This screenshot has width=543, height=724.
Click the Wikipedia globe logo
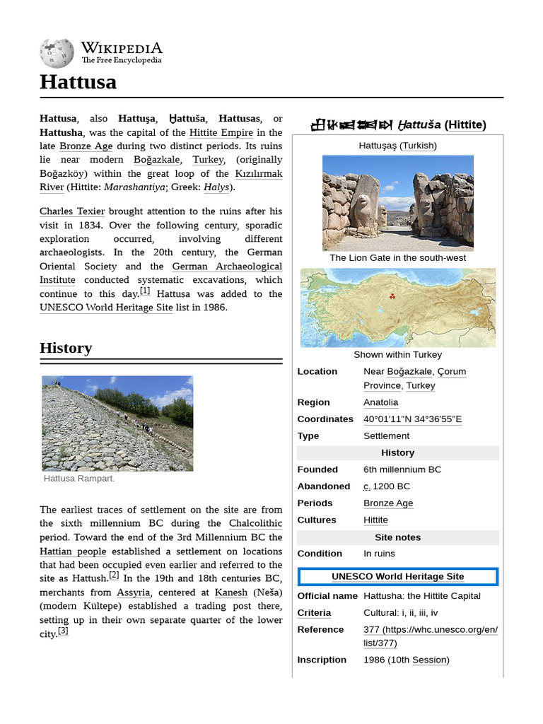[57, 53]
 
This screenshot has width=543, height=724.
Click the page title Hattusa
[78, 83]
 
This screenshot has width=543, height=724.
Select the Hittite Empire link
[221, 132]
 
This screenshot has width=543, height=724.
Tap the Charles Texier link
[72, 211]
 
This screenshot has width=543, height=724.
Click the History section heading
[66, 348]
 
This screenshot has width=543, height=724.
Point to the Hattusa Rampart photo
[117, 423]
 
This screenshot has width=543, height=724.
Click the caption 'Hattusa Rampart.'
[79, 479]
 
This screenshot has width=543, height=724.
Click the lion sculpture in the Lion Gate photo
[364, 205]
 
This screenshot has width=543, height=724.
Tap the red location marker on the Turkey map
[390, 297]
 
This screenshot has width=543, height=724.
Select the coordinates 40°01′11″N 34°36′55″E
[412, 419]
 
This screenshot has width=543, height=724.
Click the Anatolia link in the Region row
[380, 402]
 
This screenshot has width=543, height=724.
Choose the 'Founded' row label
[317, 469]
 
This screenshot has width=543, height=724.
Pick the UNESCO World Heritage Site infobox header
[397, 577]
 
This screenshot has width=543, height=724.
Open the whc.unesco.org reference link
[430, 636]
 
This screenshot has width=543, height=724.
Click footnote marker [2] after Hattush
[114, 576]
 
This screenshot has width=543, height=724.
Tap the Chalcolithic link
[255, 523]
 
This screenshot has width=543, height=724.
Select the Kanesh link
[230, 592]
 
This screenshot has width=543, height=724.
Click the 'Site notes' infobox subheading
[397, 537]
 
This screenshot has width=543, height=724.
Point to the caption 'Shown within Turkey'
[397, 354]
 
